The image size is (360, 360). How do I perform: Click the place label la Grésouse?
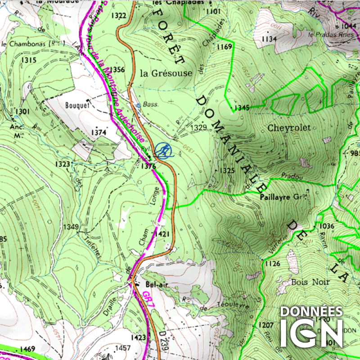click(166, 73)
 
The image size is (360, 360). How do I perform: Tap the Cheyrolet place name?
click(289, 128)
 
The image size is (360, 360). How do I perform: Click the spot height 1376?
click(148, 166)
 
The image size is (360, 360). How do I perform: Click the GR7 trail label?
click(148, 297)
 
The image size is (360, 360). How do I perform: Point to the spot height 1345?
click(242, 108)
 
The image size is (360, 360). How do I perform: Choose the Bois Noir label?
click(310, 282)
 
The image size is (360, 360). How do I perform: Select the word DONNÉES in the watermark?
click(311, 312)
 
